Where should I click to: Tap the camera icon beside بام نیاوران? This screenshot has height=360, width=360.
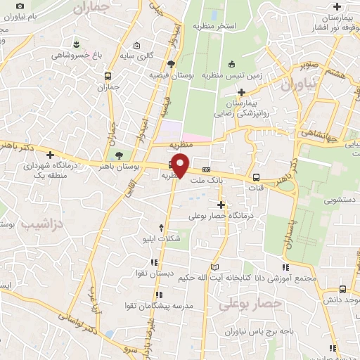pos(20,6)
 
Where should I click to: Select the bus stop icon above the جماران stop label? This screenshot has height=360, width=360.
pos(108,75)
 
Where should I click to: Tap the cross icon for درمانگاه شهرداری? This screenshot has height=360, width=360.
pos(50,155)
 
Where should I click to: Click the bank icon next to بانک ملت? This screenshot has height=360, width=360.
pos(206,169)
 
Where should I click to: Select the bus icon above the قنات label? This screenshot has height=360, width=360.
pos(256,178)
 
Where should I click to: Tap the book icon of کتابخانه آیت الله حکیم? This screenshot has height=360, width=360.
pos(215,267)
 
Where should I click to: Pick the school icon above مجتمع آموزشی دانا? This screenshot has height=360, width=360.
pos(285,267)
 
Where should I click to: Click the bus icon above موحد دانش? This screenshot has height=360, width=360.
pos(342,289)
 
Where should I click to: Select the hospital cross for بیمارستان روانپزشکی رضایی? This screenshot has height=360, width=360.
pos(242,92)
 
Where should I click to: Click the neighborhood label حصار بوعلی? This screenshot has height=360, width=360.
pos(250,304)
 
